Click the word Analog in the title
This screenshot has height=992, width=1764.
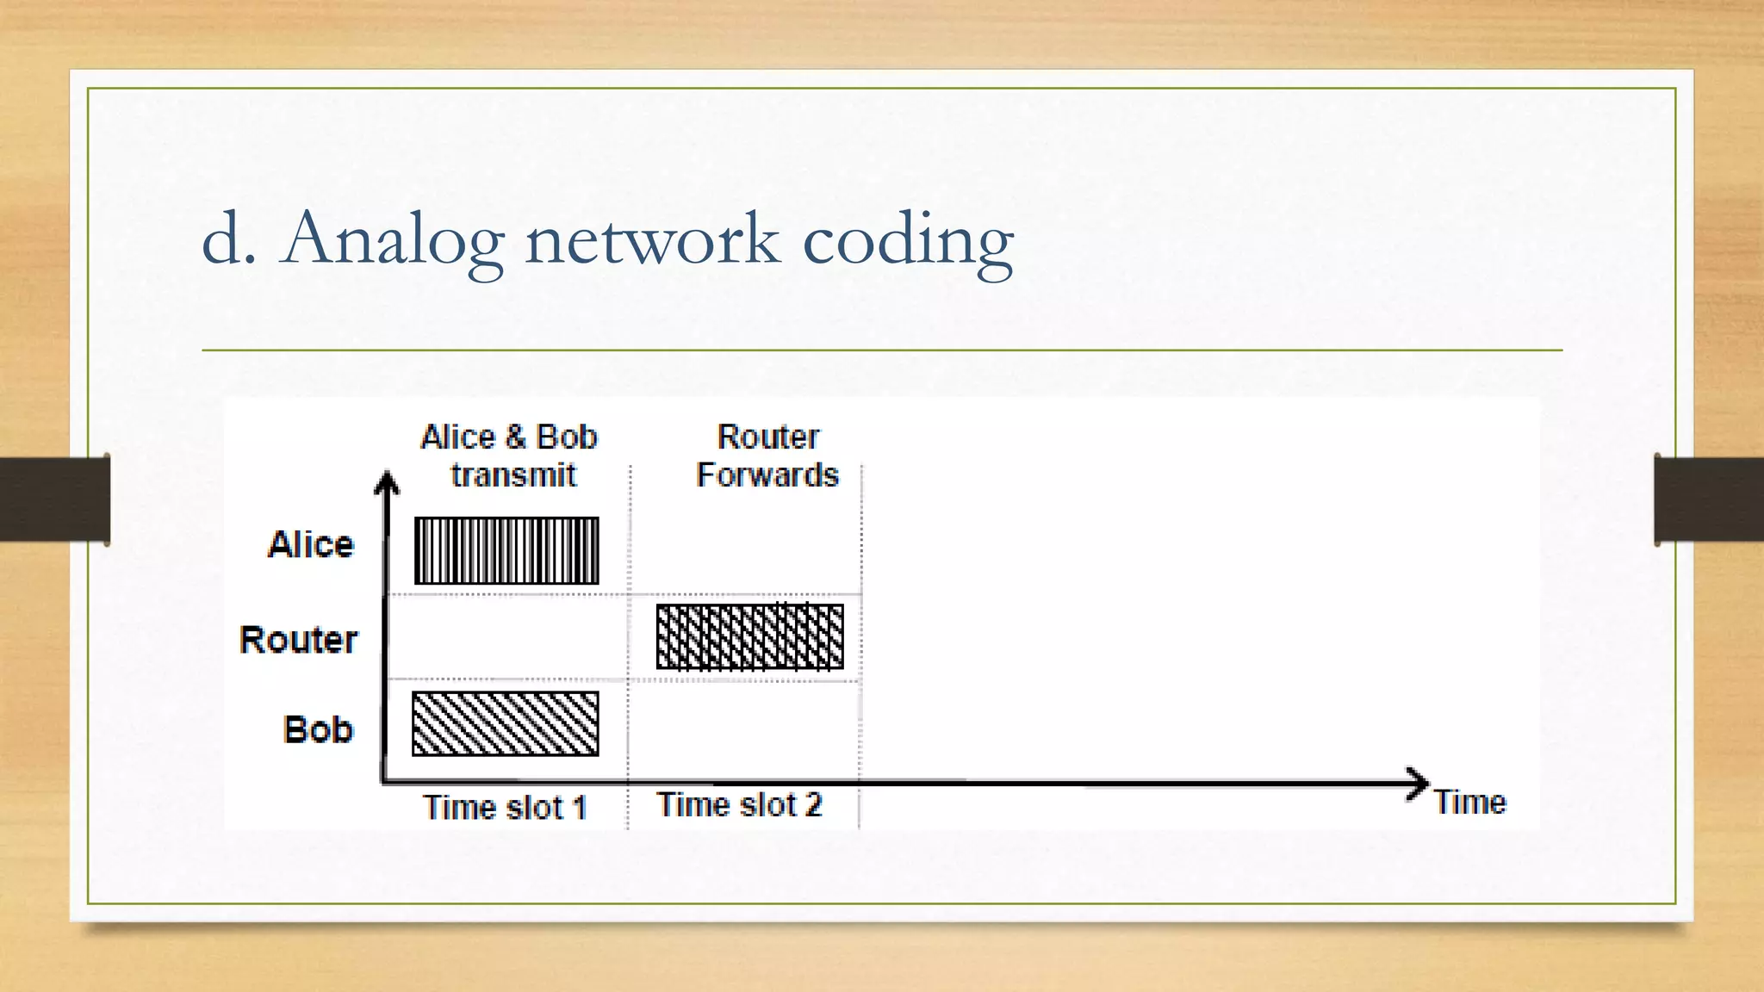pos(392,239)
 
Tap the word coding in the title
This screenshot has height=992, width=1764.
pos(908,241)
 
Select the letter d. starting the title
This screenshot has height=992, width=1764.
pos(229,239)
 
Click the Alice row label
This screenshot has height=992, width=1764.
pos(311,545)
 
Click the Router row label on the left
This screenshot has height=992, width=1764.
pos(298,640)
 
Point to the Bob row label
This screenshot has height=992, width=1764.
pos(318,729)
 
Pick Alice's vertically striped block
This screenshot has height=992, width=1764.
pos(506,550)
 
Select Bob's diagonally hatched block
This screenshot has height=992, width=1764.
pos(506,723)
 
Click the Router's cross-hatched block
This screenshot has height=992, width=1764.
pos(749,636)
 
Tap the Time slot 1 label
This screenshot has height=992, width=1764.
pos(505,808)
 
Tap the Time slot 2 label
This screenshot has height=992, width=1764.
pos(739,805)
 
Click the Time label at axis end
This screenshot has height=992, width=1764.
pos(1469,803)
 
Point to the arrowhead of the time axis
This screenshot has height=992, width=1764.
pos(1417,783)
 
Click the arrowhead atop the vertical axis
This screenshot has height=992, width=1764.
pos(387,482)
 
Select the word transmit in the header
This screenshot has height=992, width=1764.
pos(513,475)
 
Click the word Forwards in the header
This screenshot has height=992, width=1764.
pos(767,475)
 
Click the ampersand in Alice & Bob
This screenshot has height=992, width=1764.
pos(515,437)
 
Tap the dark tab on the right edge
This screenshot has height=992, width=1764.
pos(1709,499)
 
